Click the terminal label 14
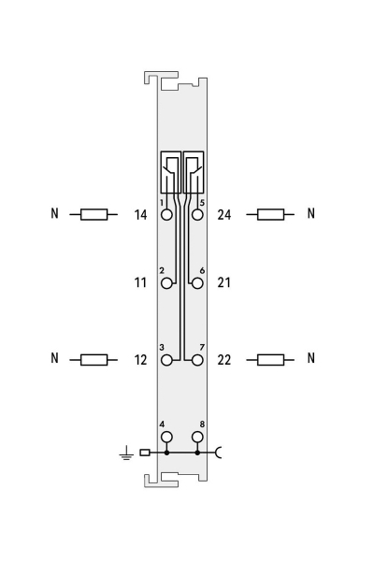point(140,215)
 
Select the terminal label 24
point(224,215)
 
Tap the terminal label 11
point(140,282)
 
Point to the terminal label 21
point(224,282)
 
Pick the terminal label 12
point(140,360)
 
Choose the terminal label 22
point(224,360)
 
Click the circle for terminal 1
point(166,215)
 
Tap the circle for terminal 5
point(197,215)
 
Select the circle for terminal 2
point(166,283)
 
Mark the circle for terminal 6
point(197,283)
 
